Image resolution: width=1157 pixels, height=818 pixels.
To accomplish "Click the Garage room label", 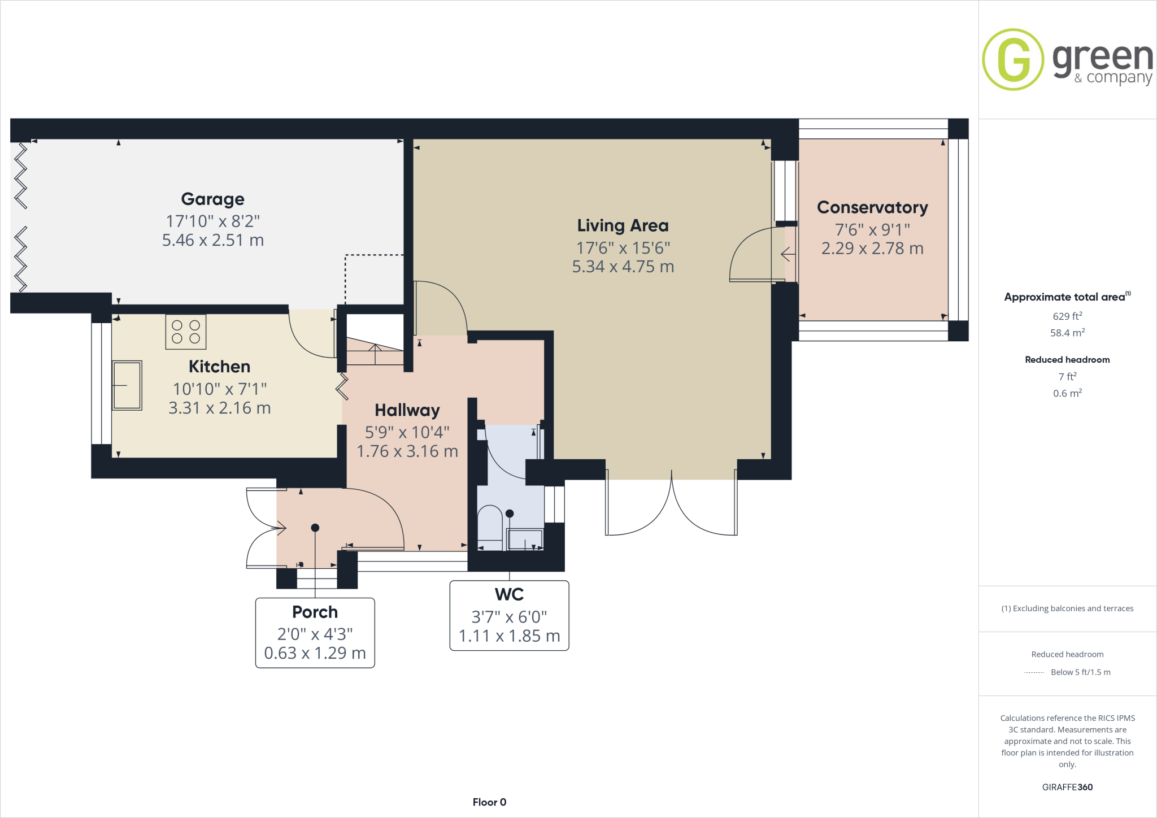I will click(212, 199).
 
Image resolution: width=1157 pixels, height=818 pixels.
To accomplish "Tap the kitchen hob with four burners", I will click(186, 332).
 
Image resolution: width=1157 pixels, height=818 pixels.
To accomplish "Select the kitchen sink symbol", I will click(127, 385).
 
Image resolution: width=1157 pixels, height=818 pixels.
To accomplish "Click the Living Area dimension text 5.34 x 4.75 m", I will click(623, 267).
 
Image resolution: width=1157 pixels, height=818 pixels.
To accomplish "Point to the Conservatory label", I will click(872, 207).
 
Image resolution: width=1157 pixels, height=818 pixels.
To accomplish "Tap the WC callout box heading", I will click(509, 594).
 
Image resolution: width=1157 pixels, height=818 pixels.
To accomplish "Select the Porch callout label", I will click(315, 612).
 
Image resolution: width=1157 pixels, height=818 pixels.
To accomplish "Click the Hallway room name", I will click(407, 410).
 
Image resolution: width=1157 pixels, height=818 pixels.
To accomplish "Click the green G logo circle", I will click(1012, 59).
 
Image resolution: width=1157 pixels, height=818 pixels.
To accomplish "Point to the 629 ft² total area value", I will click(1067, 316).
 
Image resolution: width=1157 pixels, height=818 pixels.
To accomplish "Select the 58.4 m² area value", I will click(1067, 333).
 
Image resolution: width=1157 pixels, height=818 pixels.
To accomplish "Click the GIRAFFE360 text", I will click(1067, 787).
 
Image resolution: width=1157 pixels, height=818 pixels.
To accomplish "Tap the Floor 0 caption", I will click(489, 802).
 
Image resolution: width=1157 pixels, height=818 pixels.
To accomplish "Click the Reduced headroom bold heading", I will click(1067, 360).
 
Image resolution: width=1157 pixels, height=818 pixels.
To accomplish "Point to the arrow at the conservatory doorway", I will click(788, 255).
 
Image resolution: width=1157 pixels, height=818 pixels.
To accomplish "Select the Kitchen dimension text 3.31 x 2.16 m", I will click(219, 408).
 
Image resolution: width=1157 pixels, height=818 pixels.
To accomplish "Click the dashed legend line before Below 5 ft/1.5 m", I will click(1034, 672).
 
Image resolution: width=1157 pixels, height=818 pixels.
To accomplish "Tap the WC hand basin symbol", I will click(525, 539).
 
